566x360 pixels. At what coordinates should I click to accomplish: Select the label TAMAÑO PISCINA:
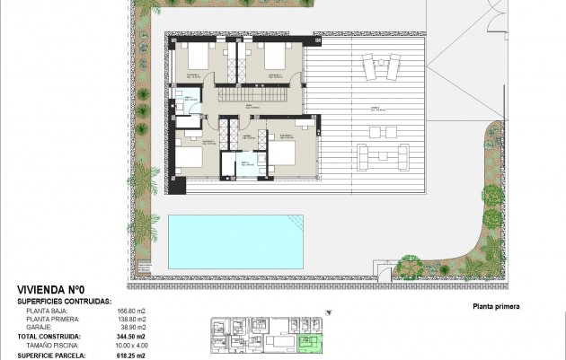pos(53,345)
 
